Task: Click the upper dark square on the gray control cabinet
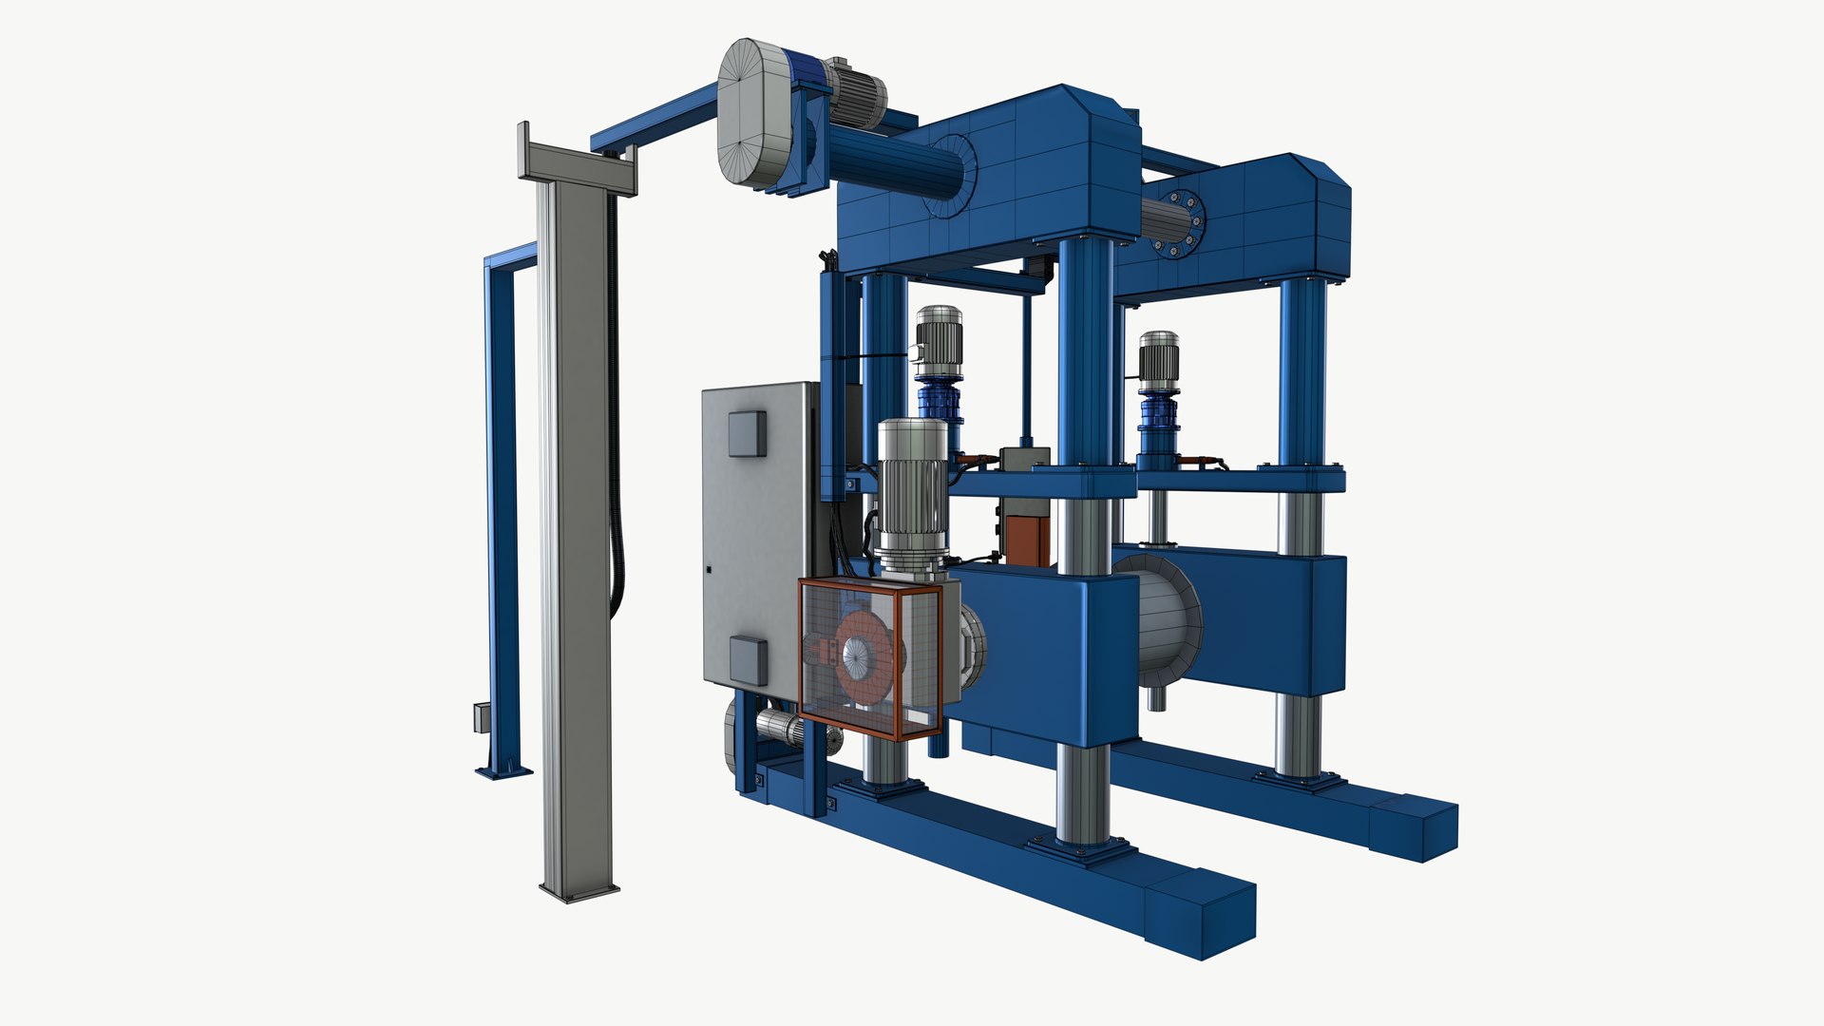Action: pyautogui.click(x=746, y=434)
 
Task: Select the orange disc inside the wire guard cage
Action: pyautogui.click(x=866, y=655)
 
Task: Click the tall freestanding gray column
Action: pyautogui.click(x=576, y=532)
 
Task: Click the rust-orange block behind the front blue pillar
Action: pyautogui.click(x=1029, y=541)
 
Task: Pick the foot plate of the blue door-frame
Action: pyautogui.click(x=503, y=770)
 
